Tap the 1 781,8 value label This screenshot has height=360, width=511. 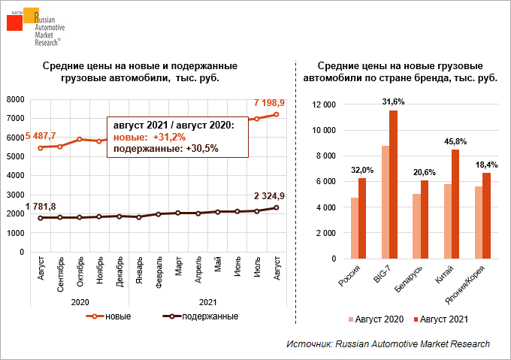coord(31,207)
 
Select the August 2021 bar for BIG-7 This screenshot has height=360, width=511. coord(393,184)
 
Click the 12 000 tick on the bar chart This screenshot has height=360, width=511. coord(324,104)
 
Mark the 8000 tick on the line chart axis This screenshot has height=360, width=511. coord(16,99)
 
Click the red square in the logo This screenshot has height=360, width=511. coord(15,23)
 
